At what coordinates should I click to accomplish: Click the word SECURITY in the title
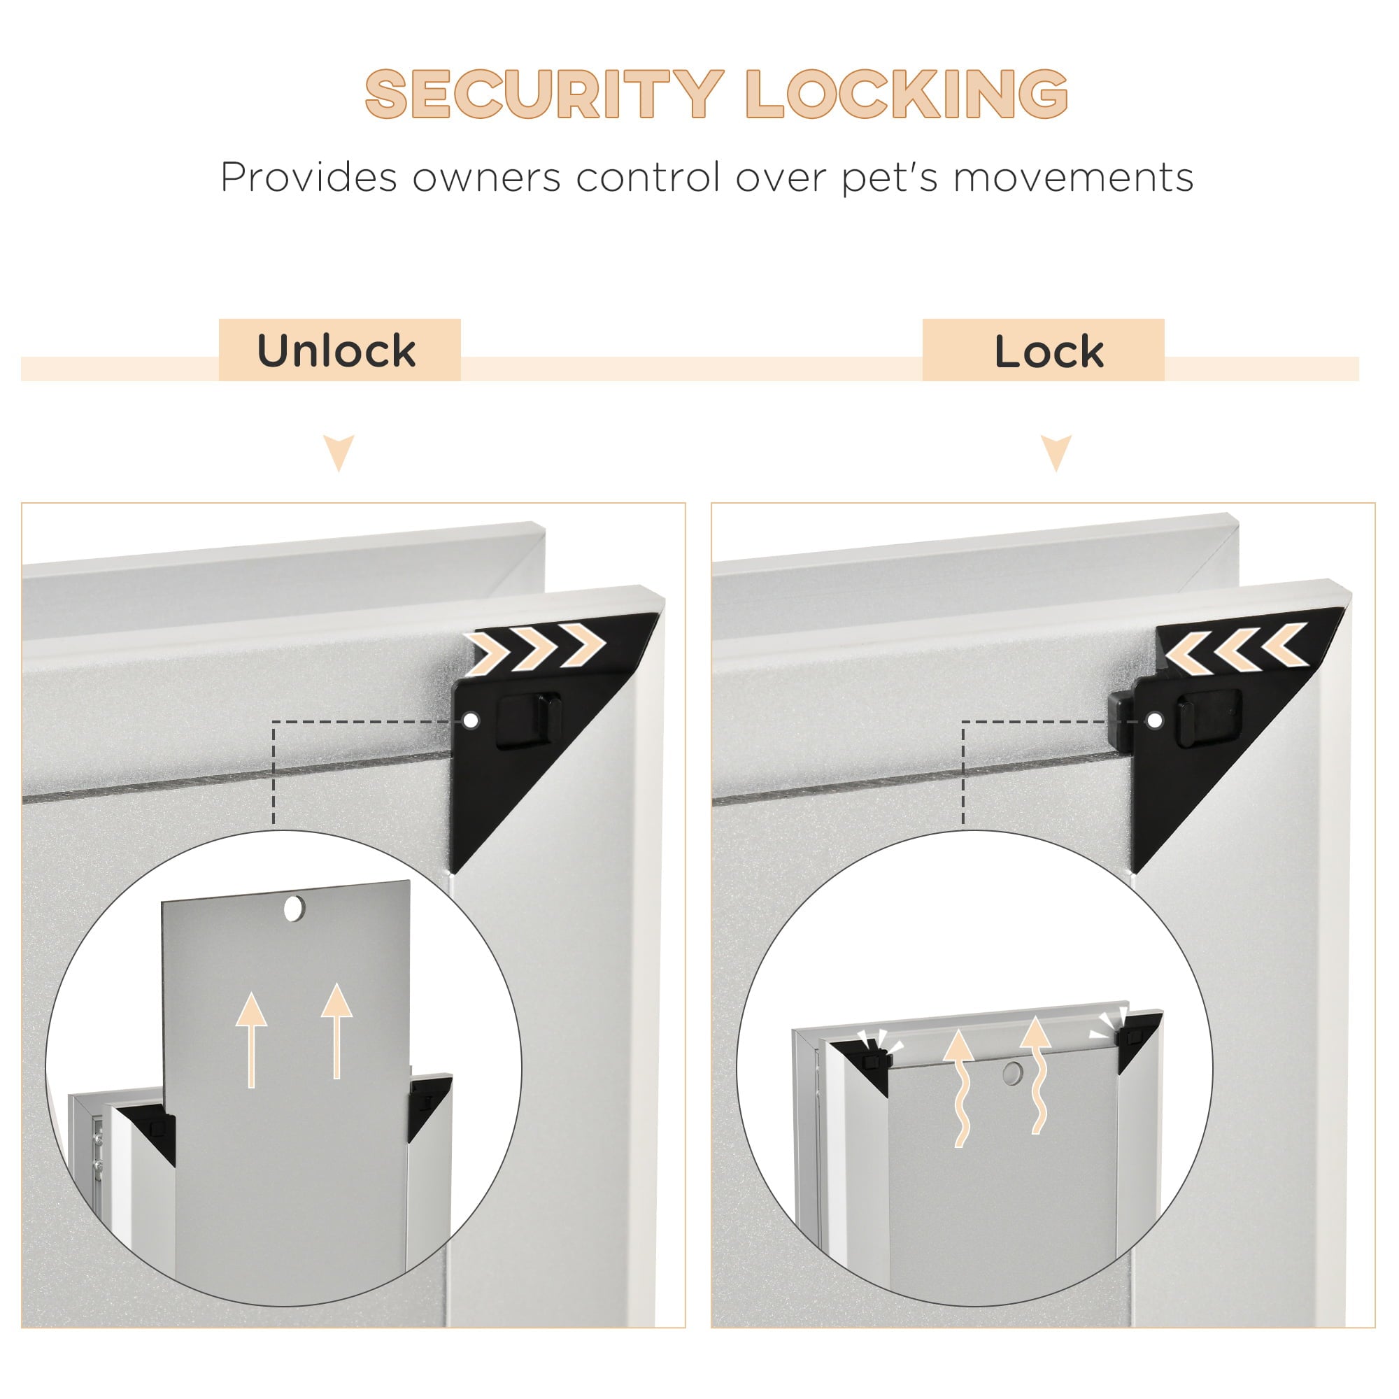tap(544, 94)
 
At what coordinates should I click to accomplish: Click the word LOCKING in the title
tap(907, 94)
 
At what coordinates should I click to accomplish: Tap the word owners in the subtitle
tap(486, 178)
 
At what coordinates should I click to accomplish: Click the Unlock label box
tap(339, 350)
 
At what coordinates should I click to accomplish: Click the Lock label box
tap(1043, 350)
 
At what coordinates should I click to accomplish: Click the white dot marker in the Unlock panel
tap(471, 720)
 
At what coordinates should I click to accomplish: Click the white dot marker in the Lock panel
tap(1155, 720)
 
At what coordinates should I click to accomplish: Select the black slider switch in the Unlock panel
tap(529, 720)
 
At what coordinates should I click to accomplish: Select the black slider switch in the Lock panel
tap(1208, 720)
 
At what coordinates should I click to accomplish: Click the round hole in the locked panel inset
tap(1012, 1072)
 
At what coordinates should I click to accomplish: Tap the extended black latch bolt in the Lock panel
tap(1120, 720)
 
